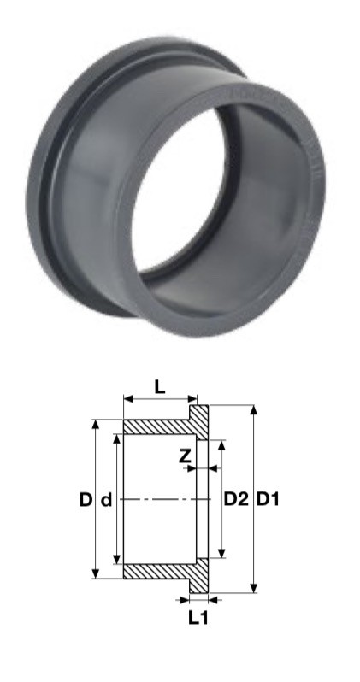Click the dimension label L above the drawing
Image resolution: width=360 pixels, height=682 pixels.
tap(160, 386)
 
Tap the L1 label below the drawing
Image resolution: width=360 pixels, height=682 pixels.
tap(198, 618)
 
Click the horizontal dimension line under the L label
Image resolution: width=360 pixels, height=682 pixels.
tap(160, 399)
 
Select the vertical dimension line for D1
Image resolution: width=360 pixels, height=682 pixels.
tap(253, 547)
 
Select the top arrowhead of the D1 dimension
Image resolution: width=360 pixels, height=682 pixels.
tap(253, 410)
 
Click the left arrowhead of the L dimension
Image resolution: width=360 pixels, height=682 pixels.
tap(127, 399)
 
